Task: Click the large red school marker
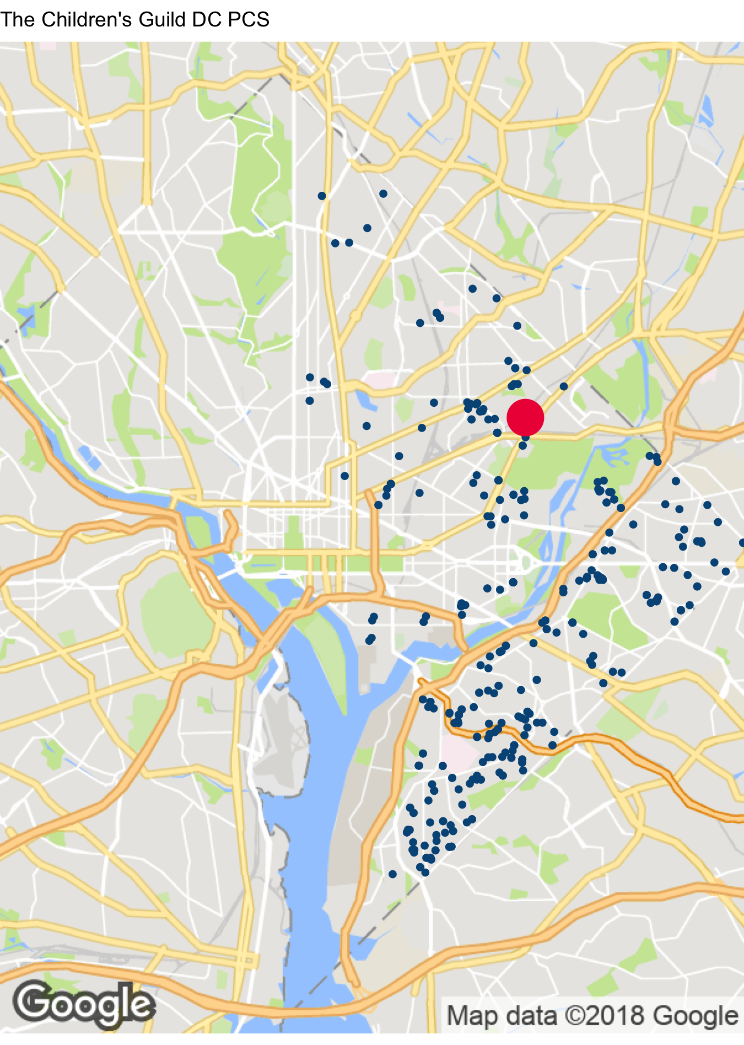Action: click(x=525, y=418)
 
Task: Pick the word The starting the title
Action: click(x=18, y=20)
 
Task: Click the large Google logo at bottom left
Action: click(x=84, y=1004)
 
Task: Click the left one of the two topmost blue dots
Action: click(x=322, y=196)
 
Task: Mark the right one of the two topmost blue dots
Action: click(x=383, y=193)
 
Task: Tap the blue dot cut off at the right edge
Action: click(x=742, y=543)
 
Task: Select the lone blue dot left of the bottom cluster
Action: click(x=392, y=874)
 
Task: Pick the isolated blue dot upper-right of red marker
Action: click(x=563, y=386)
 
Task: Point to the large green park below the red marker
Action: click(x=546, y=463)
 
